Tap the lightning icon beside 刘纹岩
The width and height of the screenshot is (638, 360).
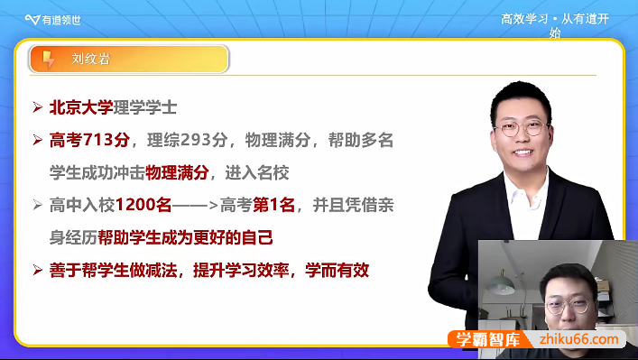click(x=48, y=60)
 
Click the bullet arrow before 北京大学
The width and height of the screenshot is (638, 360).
click(x=37, y=107)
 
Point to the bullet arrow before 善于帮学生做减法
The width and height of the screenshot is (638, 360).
click(x=37, y=270)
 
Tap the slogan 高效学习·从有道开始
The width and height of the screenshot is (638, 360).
click(x=556, y=23)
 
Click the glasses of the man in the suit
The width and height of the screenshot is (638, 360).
click(x=522, y=129)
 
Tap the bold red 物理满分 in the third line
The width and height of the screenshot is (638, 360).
click(x=177, y=172)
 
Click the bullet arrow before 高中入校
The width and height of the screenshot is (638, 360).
click(x=37, y=205)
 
